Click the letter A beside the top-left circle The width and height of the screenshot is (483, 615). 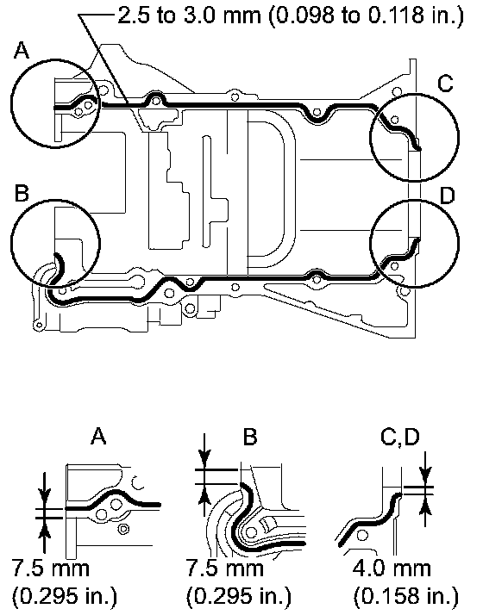coord(22,51)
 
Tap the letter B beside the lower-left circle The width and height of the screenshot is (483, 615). coord(22,193)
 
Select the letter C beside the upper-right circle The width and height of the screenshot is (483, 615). coord(445,84)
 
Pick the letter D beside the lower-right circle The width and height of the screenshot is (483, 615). coord(448,196)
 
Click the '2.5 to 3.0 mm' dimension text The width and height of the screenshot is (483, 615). coord(189,16)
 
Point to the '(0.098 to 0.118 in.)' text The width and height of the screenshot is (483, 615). coord(367,16)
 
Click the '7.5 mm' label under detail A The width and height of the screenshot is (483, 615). coord(51,568)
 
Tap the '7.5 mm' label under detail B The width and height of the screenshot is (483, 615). coord(225,568)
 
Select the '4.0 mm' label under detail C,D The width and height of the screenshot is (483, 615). coord(392,568)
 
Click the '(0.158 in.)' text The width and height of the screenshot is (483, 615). coord(406,597)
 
